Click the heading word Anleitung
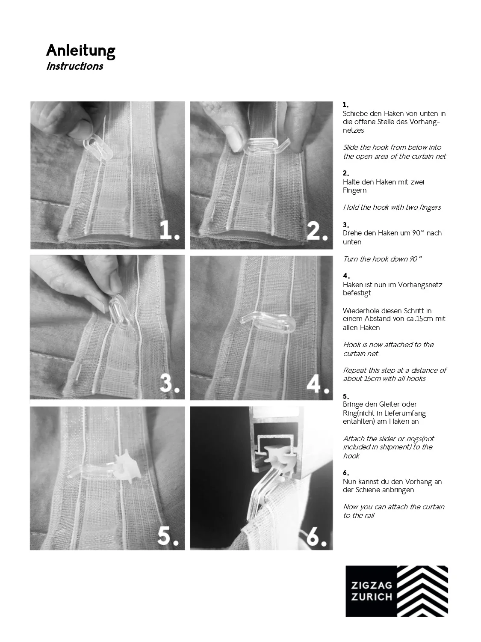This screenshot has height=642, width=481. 80,51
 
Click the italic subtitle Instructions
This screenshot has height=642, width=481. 74,66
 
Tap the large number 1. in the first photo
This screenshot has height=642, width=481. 169,231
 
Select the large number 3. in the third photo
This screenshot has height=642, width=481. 169,384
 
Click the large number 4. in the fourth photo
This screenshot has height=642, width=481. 318,384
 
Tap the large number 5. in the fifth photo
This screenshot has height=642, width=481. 168,535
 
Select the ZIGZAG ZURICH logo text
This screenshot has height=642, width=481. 371,591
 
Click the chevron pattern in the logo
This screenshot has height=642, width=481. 422,591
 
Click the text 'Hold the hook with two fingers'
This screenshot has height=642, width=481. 392,208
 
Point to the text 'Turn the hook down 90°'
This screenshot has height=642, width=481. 382,259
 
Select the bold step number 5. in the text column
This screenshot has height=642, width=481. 346,396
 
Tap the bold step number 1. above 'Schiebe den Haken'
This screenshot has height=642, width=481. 345,105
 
